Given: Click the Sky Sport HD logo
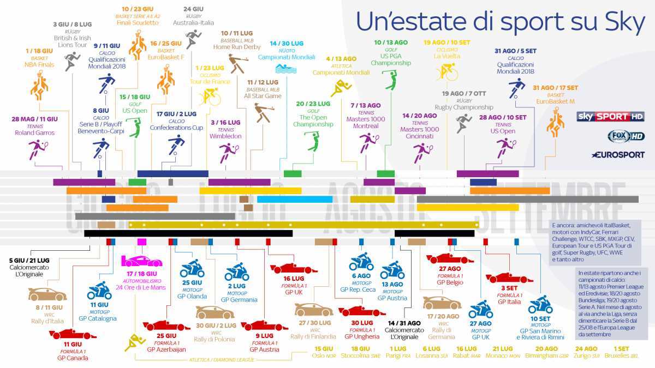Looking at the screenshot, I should [611, 116].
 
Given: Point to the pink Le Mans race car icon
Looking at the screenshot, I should [141, 260].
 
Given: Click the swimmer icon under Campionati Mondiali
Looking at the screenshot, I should [286, 69].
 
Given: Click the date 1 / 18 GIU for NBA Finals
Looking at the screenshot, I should [39, 51].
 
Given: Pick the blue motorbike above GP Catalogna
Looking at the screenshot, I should [99, 291].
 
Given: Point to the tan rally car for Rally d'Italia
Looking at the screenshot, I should [47, 294].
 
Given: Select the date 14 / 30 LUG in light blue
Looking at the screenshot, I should [286, 43].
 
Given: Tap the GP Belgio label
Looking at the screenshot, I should [450, 283].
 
